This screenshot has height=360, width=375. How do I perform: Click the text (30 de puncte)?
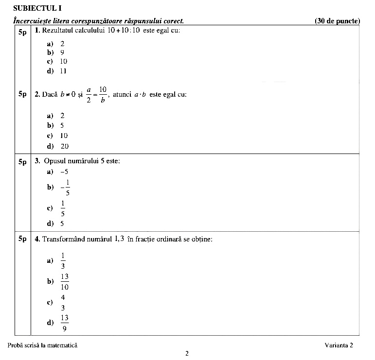point(337,21)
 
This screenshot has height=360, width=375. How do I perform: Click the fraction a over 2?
point(89,94)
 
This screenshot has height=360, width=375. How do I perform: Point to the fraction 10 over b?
point(103,94)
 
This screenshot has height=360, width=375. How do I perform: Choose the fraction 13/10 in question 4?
point(65,282)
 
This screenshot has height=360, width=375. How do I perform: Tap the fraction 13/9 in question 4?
point(65,323)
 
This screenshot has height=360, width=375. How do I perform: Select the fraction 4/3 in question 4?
point(63,302)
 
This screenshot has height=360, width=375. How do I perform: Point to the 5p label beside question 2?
point(23,94)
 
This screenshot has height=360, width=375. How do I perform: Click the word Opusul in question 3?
point(54,161)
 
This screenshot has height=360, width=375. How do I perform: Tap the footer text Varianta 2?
point(339,345)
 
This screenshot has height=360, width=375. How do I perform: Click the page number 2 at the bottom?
point(187,353)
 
